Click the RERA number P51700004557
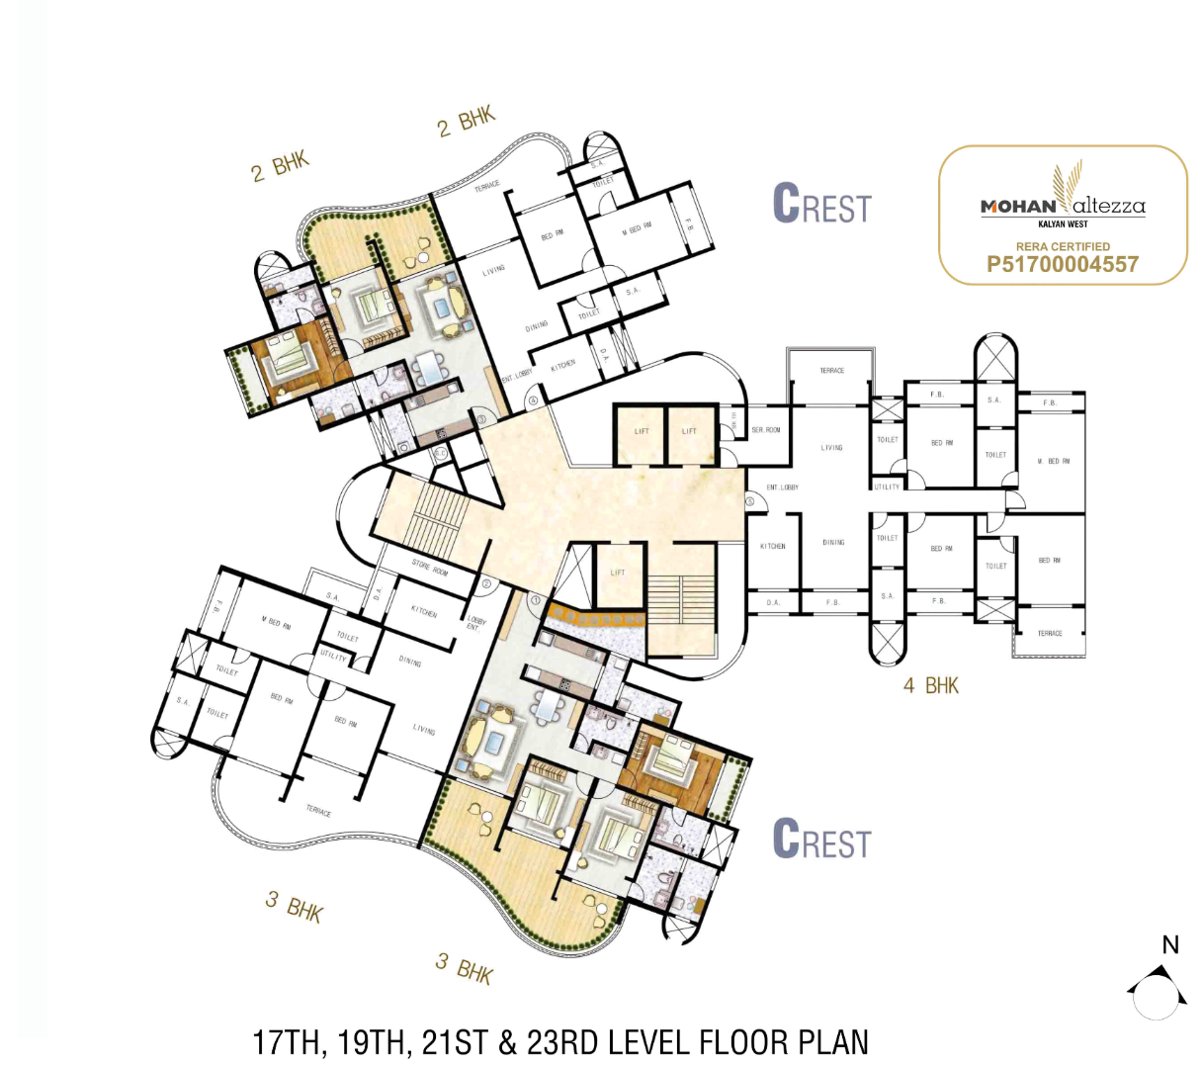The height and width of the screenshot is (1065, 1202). (x=1063, y=264)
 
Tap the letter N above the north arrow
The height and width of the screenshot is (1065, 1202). (x=1170, y=944)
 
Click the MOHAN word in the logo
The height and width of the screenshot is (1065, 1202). (x=1017, y=207)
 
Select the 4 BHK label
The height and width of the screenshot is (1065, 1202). (x=930, y=685)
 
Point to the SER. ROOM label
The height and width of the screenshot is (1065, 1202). (x=765, y=430)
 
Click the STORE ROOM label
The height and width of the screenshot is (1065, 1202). (x=429, y=568)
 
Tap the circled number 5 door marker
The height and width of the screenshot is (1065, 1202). (x=750, y=502)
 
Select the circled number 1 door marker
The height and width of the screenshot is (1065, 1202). (x=535, y=599)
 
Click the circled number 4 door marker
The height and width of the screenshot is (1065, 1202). (x=533, y=400)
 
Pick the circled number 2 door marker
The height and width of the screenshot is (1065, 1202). (x=486, y=584)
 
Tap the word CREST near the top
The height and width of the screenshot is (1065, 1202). (x=821, y=205)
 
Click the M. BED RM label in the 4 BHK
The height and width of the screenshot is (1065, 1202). (x=1053, y=462)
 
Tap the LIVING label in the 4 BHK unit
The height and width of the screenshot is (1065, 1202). (x=831, y=448)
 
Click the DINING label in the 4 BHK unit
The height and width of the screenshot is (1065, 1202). (x=833, y=543)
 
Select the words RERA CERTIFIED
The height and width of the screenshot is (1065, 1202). (x=1063, y=246)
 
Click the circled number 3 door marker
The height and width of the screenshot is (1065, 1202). (x=481, y=419)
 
